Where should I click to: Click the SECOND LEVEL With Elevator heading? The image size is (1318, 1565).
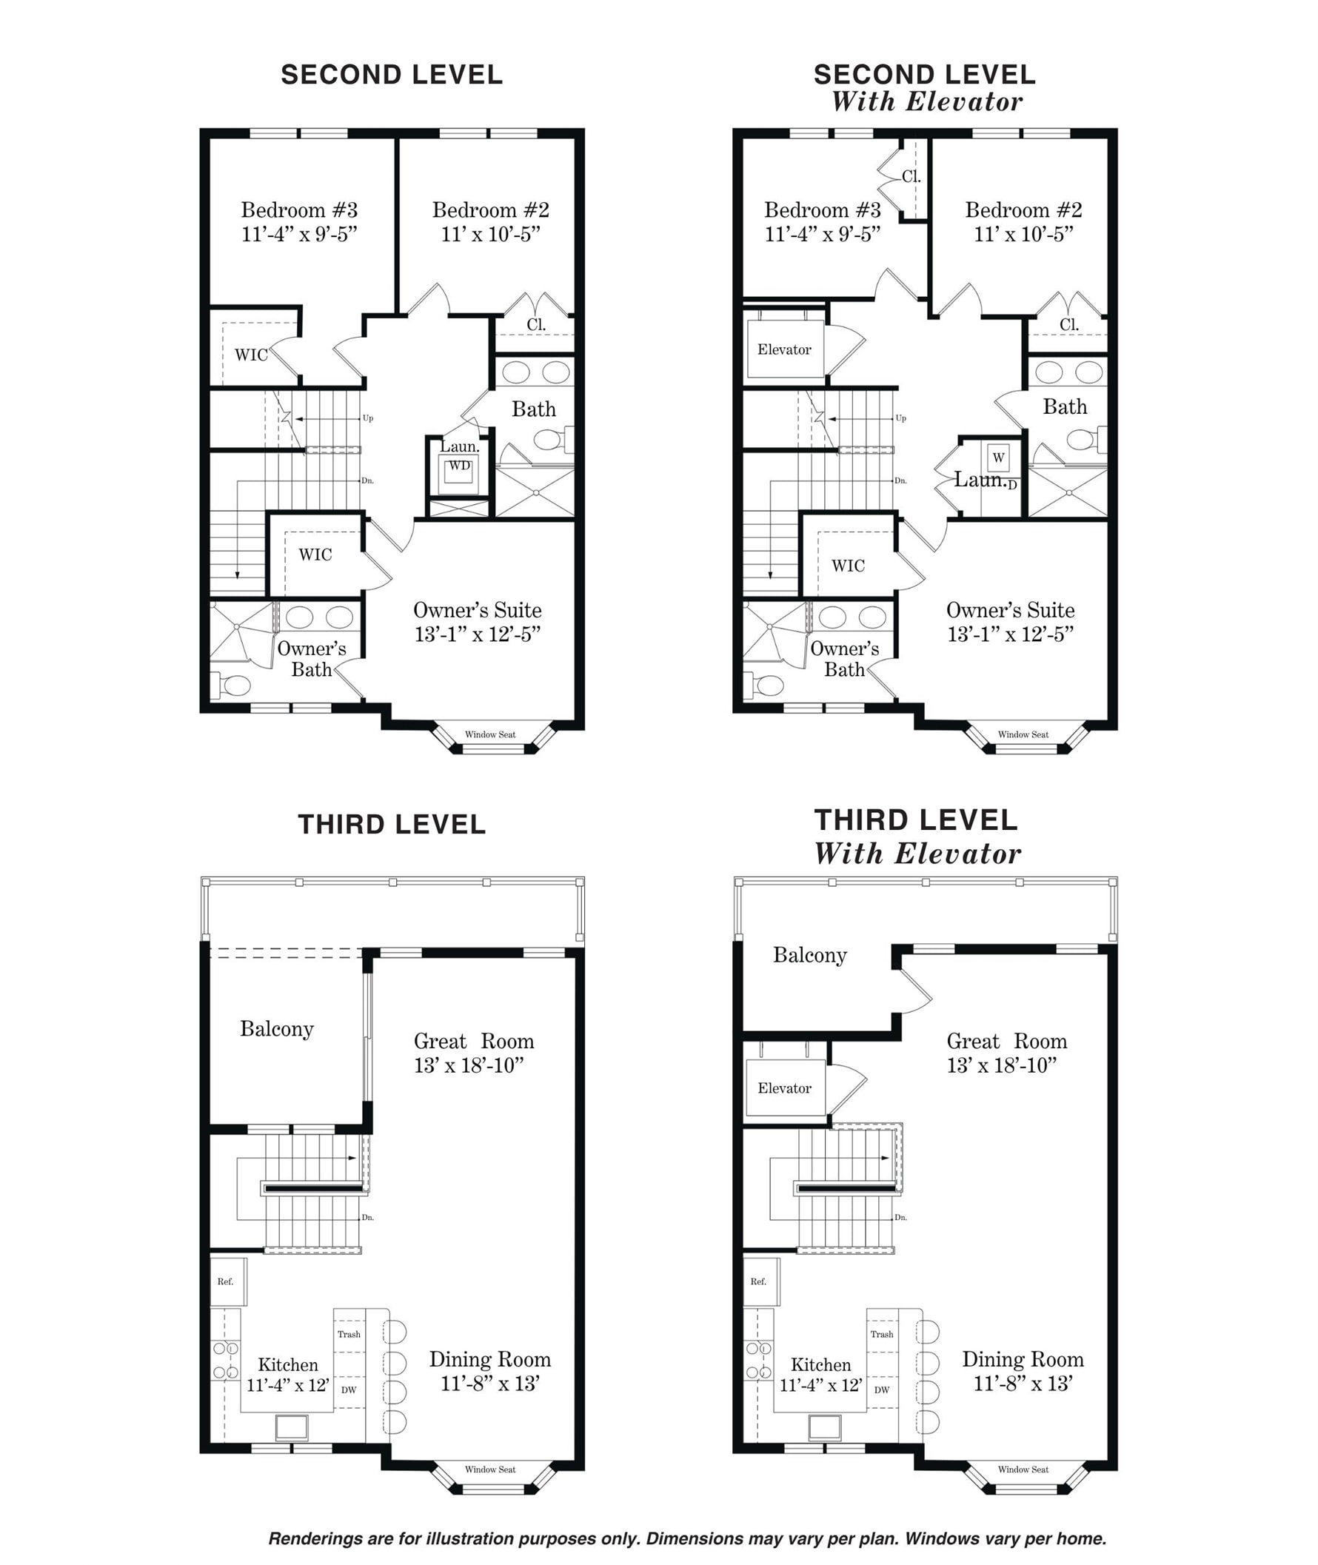(925, 88)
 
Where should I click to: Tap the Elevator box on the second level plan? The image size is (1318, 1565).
(786, 349)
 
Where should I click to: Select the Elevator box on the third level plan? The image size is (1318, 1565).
(786, 1088)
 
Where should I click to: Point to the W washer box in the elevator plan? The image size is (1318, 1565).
(998, 458)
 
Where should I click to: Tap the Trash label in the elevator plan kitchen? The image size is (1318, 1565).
(882, 1334)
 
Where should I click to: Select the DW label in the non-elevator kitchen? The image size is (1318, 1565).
(349, 1390)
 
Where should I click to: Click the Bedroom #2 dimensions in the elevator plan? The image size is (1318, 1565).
(1023, 234)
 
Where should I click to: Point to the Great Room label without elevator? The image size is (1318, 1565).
(474, 1041)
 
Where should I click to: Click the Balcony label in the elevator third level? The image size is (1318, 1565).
(810, 956)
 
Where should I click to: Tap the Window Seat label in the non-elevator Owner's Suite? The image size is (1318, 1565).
(490, 734)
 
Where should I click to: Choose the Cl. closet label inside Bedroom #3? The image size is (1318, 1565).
(911, 177)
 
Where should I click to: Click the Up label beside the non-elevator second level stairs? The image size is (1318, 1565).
(368, 418)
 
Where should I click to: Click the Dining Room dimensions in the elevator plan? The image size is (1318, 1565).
(1023, 1384)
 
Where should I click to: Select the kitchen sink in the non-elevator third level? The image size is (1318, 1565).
(292, 1427)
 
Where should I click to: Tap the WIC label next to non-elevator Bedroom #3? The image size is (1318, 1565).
(251, 355)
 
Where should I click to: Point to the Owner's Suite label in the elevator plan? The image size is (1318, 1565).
(1010, 609)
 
